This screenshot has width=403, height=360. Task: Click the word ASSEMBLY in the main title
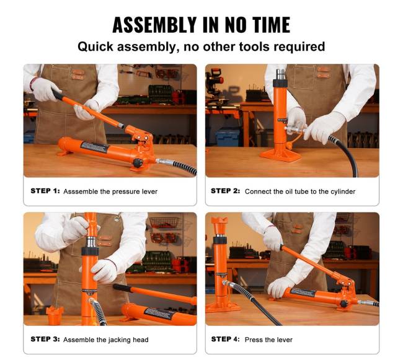[154, 25]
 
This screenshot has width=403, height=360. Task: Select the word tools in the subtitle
[254, 46]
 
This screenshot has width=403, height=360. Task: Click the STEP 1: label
[45, 191]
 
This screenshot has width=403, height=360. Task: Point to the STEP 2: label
[226, 191]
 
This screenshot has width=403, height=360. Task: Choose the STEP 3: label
[45, 339]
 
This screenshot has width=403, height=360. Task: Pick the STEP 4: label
[226, 339]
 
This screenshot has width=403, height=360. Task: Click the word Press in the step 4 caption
[253, 340]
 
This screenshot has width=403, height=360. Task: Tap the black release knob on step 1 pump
[138, 163]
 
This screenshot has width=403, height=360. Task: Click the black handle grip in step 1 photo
[57, 94]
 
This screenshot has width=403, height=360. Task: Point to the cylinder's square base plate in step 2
[280, 156]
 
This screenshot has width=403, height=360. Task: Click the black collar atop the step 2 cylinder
[280, 83]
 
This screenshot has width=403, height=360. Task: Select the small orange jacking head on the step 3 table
[55, 315]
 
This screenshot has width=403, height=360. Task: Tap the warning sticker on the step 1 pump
[94, 147]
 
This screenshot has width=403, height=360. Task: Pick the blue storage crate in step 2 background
[227, 137]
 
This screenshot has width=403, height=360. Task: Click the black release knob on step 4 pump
[343, 304]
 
